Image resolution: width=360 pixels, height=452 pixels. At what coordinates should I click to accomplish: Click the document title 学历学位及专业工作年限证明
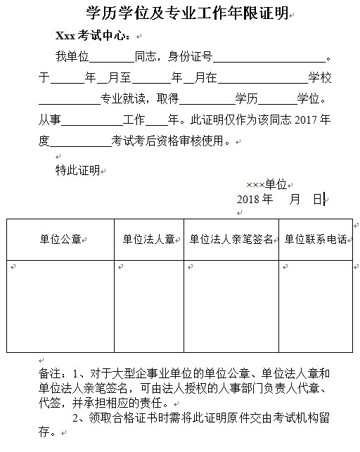pos(186,13)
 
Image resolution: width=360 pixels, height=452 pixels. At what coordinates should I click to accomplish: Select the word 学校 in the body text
pos(319,77)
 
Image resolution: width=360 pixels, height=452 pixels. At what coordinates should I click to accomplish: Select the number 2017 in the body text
pos(307,120)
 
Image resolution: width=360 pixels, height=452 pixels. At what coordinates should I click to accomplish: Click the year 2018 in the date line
pos(248,199)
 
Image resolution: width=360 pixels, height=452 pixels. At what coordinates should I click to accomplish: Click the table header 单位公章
pos(60,240)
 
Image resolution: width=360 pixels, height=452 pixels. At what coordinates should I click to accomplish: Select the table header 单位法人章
pos(148,240)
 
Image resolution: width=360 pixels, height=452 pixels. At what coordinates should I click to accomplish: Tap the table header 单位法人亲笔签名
pos(231,240)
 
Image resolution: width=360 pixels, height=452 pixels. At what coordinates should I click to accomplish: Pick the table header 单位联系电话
pos(315,240)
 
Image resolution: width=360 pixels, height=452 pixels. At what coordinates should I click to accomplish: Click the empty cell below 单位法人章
pos(148,306)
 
